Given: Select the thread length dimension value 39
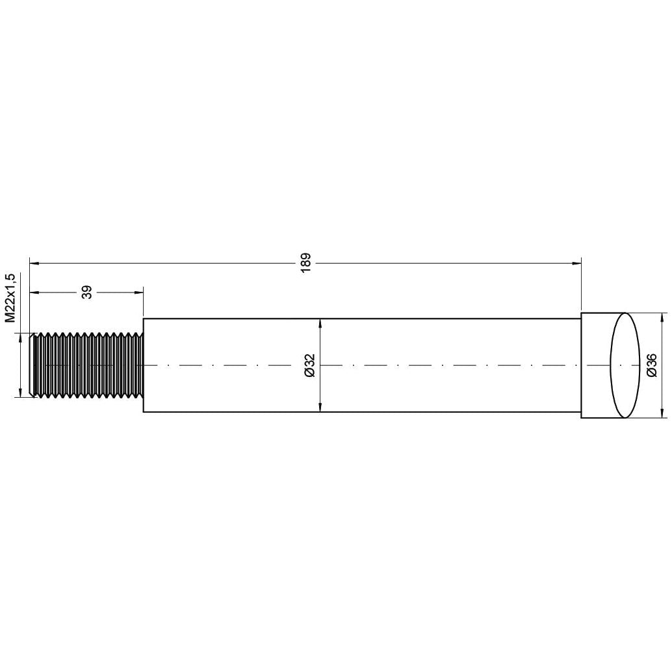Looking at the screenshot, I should pyautogui.click(x=86, y=292).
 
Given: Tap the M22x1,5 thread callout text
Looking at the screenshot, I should pyautogui.click(x=10, y=298).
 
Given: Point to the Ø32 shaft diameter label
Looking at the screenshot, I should pyautogui.click(x=309, y=365).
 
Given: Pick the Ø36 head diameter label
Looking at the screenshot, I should pyautogui.click(x=652, y=365).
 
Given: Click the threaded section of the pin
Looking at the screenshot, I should pyautogui.click(x=88, y=365).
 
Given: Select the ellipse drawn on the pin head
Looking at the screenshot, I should pyautogui.click(x=624, y=365).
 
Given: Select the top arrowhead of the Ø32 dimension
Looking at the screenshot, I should pyautogui.click(x=320, y=323).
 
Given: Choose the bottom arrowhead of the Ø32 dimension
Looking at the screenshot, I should pyautogui.click(x=320, y=407).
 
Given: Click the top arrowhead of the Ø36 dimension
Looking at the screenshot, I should pyautogui.click(x=662, y=317).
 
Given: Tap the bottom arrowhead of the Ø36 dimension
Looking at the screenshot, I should pyautogui.click(x=662, y=413).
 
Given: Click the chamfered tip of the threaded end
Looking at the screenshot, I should pyautogui.click(x=33, y=365).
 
